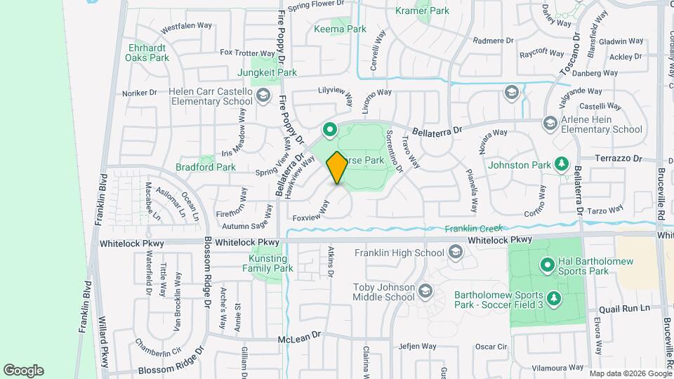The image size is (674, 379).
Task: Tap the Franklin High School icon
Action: coord(456,252)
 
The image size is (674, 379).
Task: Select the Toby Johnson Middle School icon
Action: coord(425,291)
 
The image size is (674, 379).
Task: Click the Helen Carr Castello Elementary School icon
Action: coord(263,95)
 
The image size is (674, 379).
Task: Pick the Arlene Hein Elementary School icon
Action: coord(550,124)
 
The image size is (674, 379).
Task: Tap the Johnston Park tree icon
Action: coord(561,164)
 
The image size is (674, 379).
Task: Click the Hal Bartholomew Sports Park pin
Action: coord(548,265)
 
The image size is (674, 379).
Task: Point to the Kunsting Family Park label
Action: coord(267,264)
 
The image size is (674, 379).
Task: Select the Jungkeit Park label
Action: coord(267,72)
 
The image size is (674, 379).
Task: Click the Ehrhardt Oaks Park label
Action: coord(147,53)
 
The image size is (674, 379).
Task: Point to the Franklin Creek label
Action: coord(473,228)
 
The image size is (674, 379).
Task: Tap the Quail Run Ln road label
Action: coord(625,308)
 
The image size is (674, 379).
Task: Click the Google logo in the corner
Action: coord(23,371)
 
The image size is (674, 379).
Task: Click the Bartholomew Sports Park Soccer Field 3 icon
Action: coord(555,299)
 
